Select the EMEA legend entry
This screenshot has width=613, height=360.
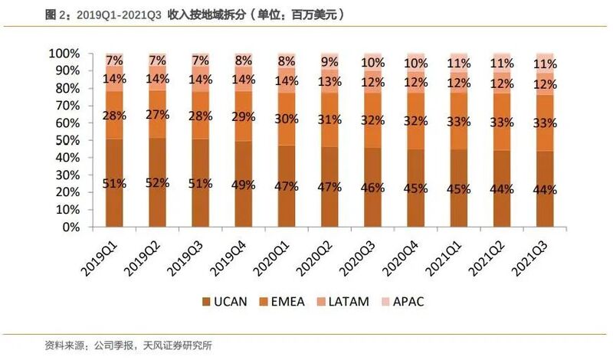tap(283, 301)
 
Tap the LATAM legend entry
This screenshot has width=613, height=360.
tap(348, 301)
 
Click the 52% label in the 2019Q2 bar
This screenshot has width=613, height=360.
tap(157, 182)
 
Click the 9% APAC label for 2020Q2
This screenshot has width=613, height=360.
tap(329, 61)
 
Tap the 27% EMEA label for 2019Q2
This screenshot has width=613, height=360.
tap(157, 115)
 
